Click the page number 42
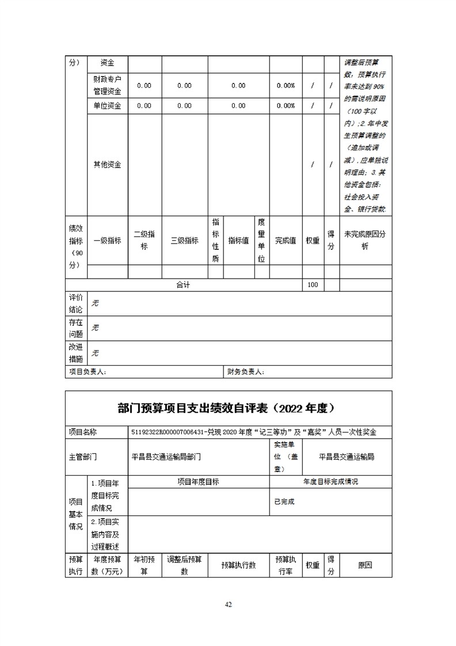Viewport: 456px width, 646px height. (228, 604)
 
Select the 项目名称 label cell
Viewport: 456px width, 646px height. (82, 432)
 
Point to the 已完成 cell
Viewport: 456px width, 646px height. (284, 501)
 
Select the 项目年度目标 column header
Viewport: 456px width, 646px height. (198, 481)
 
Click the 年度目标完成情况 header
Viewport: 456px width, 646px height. (330, 481)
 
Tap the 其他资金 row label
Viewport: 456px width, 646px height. (107, 165)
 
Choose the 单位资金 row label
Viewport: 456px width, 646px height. (107, 106)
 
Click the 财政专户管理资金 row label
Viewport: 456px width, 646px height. (107, 85)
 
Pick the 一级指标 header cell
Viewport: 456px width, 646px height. (107, 241)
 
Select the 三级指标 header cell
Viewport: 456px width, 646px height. (184, 241)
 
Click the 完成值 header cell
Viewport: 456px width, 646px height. (285, 241)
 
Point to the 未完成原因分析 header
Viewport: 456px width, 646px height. (365, 241)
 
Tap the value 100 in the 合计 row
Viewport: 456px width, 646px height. (313, 285)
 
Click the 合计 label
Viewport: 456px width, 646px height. (183, 285)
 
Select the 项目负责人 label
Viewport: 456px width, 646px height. (88, 372)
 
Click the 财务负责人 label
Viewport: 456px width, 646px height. (246, 372)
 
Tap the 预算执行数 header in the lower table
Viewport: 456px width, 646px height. (238, 565)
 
